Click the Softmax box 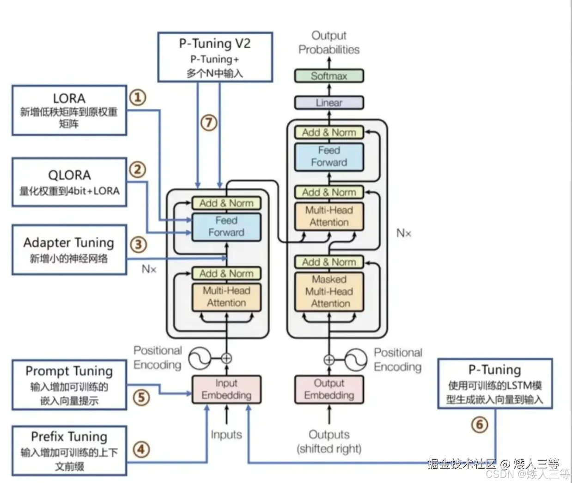(x=329, y=76)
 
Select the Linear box (x=329, y=103)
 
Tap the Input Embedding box (x=226, y=389)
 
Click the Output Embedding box (x=329, y=389)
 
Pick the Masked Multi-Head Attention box (x=329, y=291)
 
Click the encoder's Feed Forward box (x=226, y=227)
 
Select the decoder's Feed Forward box (x=329, y=156)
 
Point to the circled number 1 (x=137, y=97)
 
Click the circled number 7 (x=209, y=123)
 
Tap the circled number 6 (x=480, y=424)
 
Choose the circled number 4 (x=141, y=449)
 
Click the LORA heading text (x=69, y=99)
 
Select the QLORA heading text (x=69, y=175)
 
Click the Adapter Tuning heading (x=69, y=243)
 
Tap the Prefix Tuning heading (x=69, y=437)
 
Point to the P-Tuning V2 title (x=215, y=43)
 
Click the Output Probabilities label (x=329, y=43)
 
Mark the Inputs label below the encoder (x=226, y=434)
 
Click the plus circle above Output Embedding (x=329, y=359)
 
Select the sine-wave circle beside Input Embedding (x=200, y=358)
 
